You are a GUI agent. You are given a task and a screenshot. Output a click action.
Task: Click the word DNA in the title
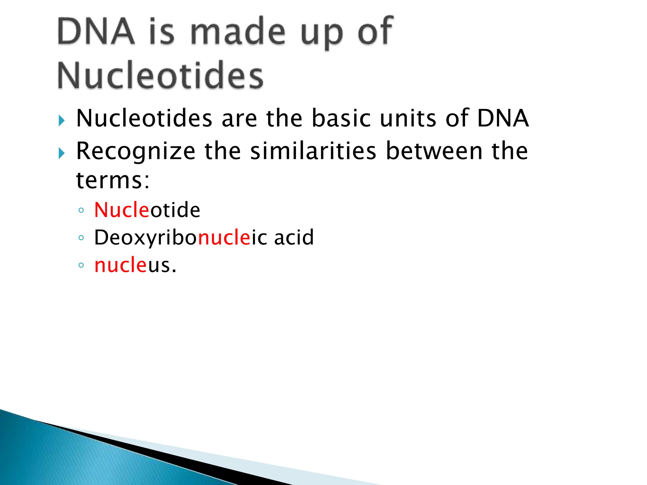tap(96, 32)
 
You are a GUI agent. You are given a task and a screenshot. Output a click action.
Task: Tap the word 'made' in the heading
tap(238, 32)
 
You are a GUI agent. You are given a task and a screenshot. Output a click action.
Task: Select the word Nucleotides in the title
tap(160, 76)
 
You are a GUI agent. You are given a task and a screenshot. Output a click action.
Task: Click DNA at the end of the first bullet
tap(503, 118)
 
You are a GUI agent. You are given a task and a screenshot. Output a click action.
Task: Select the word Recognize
tap(136, 152)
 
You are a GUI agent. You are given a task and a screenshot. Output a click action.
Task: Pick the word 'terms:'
tap(113, 181)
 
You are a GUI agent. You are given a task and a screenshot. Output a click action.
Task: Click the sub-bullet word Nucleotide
tap(147, 210)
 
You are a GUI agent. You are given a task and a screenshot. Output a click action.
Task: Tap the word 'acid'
tap(294, 237)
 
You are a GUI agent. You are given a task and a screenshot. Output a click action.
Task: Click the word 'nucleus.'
tap(135, 265)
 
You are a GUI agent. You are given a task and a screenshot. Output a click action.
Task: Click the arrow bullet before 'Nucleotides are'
tap(62, 120)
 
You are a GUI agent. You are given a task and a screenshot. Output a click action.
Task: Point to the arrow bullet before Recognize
tap(62, 153)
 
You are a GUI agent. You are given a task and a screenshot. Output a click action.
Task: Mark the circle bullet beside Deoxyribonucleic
tap(81, 238)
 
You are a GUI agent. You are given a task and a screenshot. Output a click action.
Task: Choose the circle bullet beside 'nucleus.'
tap(81, 265)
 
